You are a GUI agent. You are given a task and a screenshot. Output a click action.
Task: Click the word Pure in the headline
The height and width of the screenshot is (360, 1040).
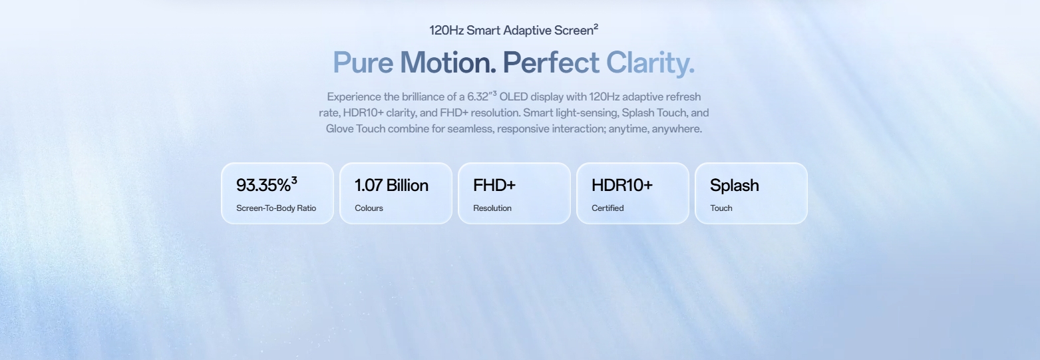click(363, 63)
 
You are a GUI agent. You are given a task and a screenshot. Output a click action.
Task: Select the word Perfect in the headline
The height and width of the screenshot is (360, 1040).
click(551, 63)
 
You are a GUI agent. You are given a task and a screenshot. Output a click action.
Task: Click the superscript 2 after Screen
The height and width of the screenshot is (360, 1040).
click(596, 27)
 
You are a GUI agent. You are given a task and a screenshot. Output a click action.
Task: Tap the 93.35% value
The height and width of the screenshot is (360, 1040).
click(263, 186)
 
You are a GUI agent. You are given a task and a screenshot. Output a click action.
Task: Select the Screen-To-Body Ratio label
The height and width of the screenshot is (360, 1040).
click(276, 208)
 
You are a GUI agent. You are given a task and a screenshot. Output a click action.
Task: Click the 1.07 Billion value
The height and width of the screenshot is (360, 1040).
click(391, 186)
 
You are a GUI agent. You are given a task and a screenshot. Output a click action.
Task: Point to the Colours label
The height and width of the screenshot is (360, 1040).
click(369, 208)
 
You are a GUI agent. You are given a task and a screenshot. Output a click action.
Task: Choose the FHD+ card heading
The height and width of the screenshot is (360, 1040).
click(494, 186)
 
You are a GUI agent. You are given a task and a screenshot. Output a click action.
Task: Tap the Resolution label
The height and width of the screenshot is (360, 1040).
click(492, 208)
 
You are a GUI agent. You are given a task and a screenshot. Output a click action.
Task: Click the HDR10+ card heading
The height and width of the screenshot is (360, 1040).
click(622, 186)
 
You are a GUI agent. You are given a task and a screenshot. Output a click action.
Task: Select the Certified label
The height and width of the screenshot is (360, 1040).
click(607, 208)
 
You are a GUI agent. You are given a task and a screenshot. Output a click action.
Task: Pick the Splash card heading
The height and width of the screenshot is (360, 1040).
click(735, 186)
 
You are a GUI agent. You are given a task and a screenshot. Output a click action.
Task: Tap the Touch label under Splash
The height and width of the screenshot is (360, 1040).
click(721, 208)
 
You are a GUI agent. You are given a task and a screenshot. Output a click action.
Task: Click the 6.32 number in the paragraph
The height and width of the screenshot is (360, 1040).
click(478, 96)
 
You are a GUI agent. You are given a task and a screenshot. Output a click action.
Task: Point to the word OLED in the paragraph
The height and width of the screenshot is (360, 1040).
click(514, 96)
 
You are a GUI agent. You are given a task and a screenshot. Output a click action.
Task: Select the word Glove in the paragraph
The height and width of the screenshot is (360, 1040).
click(339, 128)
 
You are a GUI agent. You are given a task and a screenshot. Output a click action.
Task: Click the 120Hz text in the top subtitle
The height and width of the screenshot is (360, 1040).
click(446, 31)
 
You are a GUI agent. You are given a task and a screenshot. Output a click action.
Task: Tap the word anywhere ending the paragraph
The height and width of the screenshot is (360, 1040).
click(677, 129)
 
